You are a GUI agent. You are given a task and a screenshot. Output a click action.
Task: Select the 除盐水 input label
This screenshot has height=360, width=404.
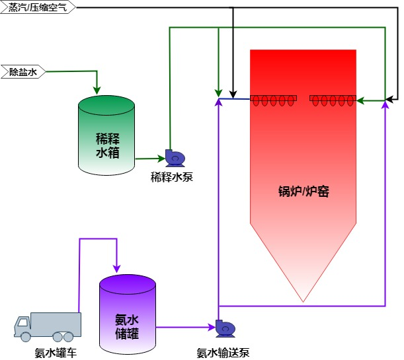coord(22,71)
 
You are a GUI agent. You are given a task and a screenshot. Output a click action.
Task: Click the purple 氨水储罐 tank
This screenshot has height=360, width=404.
coord(128,314)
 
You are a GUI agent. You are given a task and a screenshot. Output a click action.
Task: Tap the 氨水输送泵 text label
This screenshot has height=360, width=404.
coord(223,353)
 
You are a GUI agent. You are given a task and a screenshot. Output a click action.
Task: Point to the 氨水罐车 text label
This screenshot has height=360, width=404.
coord(56,353)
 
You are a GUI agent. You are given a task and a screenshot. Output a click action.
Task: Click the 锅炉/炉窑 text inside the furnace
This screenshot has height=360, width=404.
coord(303,192)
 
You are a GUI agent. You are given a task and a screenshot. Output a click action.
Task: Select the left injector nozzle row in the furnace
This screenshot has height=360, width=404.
coord(273,100)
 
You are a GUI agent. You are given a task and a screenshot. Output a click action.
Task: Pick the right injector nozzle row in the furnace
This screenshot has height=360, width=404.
coord(333,100)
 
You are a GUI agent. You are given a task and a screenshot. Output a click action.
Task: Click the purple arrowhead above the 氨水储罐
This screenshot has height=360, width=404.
coord(116,268)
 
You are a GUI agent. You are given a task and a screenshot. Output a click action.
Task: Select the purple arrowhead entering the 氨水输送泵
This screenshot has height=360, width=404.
coord(210,327)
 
